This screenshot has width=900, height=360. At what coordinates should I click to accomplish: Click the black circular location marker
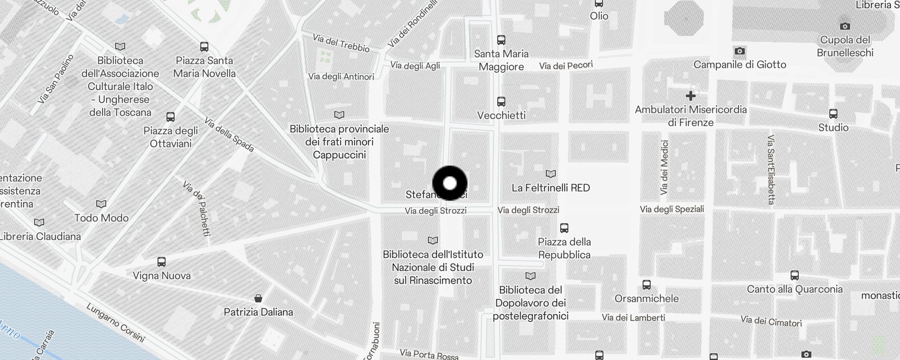(x=450, y=183)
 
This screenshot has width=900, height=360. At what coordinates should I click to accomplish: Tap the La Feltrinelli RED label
(x=550, y=188)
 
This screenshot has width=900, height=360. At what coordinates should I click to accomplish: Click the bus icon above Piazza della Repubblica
(x=564, y=228)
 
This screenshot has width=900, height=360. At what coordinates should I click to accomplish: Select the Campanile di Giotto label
(x=739, y=64)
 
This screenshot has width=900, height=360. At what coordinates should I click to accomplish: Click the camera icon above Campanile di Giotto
(x=739, y=51)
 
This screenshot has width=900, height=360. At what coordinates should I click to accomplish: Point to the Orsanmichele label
(x=646, y=298)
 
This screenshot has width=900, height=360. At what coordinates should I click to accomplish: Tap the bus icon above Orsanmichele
(x=647, y=284)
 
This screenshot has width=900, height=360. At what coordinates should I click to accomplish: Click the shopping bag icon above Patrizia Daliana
(x=258, y=298)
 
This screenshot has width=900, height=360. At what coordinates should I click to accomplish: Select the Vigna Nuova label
(x=162, y=275)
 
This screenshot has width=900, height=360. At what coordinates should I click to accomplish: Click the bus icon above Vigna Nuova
(x=162, y=261)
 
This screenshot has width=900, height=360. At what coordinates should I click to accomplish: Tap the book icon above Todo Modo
(x=101, y=204)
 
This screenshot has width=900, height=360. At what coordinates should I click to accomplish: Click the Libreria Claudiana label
(x=40, y=236)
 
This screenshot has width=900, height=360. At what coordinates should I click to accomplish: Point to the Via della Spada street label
(x=229, y=135)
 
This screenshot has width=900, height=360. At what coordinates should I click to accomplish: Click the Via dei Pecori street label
(x=566, y=66)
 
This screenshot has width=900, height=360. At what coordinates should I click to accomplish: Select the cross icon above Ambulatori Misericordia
(x=690, y=96)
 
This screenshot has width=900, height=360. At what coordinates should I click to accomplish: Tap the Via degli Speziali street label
(x=672, y=209)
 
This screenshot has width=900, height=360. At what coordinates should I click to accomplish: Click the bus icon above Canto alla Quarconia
(x=795, y=275)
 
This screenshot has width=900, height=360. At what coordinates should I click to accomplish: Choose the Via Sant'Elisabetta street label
(x=771, y=170)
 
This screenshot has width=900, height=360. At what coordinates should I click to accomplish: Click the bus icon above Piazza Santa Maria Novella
(x=204, y=47)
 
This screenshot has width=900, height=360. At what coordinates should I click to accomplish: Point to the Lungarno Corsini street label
(x=116, y=323)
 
